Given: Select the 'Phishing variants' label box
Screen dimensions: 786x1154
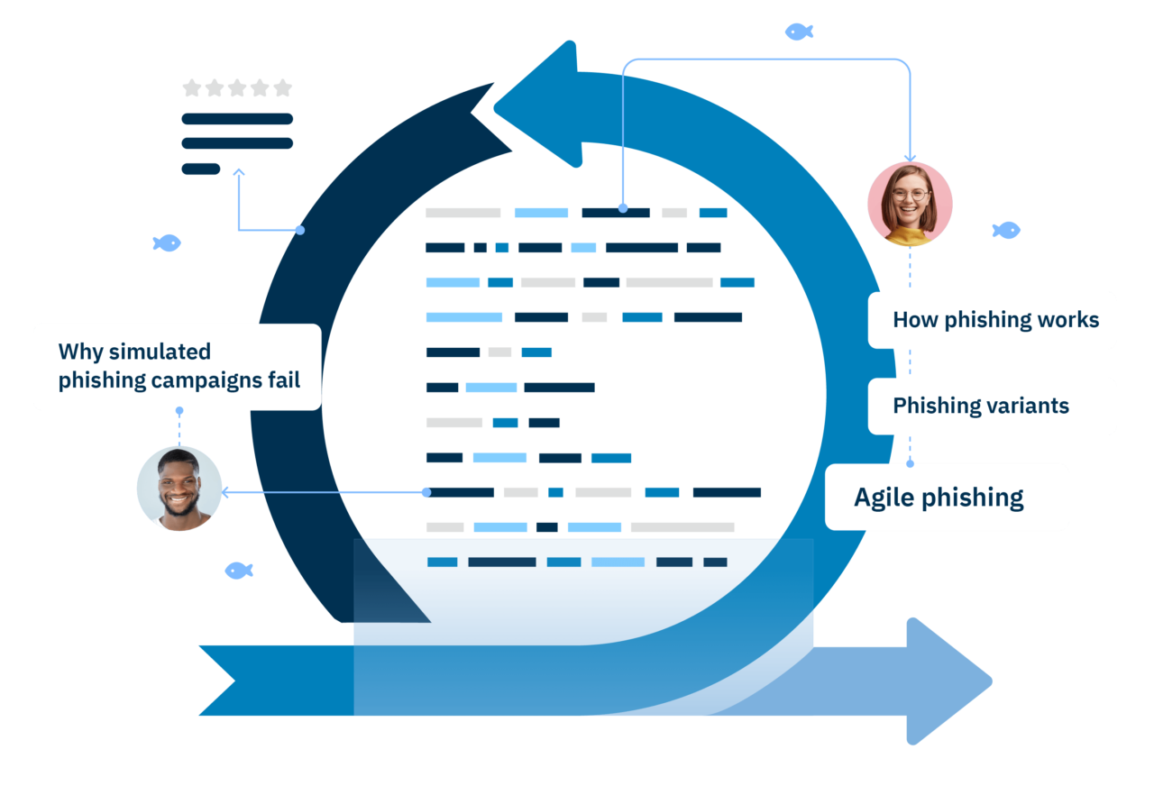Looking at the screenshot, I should [x=992, y=406].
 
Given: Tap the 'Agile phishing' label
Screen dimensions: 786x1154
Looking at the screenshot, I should [x=947, y=497].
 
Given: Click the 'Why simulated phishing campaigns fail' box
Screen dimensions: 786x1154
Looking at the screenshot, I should [x=178, y=367].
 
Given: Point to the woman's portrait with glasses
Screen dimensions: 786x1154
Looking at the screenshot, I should [x=910, y=204].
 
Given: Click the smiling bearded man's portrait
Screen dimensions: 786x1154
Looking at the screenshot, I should [x=179, y=488].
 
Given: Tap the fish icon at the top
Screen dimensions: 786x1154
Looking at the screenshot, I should [x=799, y=32].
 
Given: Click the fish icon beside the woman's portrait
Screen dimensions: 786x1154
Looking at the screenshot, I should [x=1006, y=231].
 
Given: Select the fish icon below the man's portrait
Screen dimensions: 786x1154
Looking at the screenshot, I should [x=239, y=571].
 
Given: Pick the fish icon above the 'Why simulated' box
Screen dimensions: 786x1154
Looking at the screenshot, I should [x=167, y=243].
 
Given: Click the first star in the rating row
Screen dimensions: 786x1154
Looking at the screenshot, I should [x=191, y=87].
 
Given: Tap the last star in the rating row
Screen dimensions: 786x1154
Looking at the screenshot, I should [x=283, y=87].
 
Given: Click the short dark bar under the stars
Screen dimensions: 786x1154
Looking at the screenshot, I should [x=200, y=169].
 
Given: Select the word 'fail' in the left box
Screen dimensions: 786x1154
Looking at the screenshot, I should [x=283, y=379].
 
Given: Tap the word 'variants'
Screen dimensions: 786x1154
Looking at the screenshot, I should [x=1027, y=406].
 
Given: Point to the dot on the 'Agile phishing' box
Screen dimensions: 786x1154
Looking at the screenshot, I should [x=910, y=463].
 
